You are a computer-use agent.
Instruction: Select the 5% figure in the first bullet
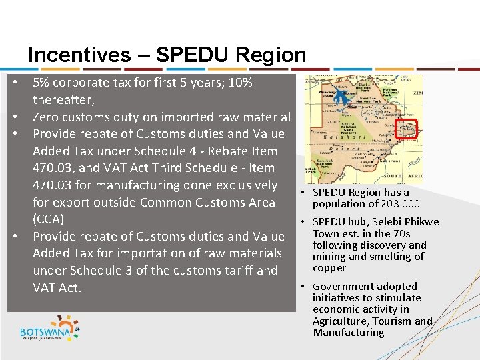click(x=41, y=83)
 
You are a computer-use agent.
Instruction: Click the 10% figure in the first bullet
click(x=239, y=83)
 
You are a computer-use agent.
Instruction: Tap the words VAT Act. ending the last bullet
click(x=57, y=287)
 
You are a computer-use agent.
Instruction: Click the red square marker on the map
click(x=406, y=129)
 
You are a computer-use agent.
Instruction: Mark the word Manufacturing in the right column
click(x=349, y=332)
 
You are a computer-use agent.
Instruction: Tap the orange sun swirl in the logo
click(x=77, y=328)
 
